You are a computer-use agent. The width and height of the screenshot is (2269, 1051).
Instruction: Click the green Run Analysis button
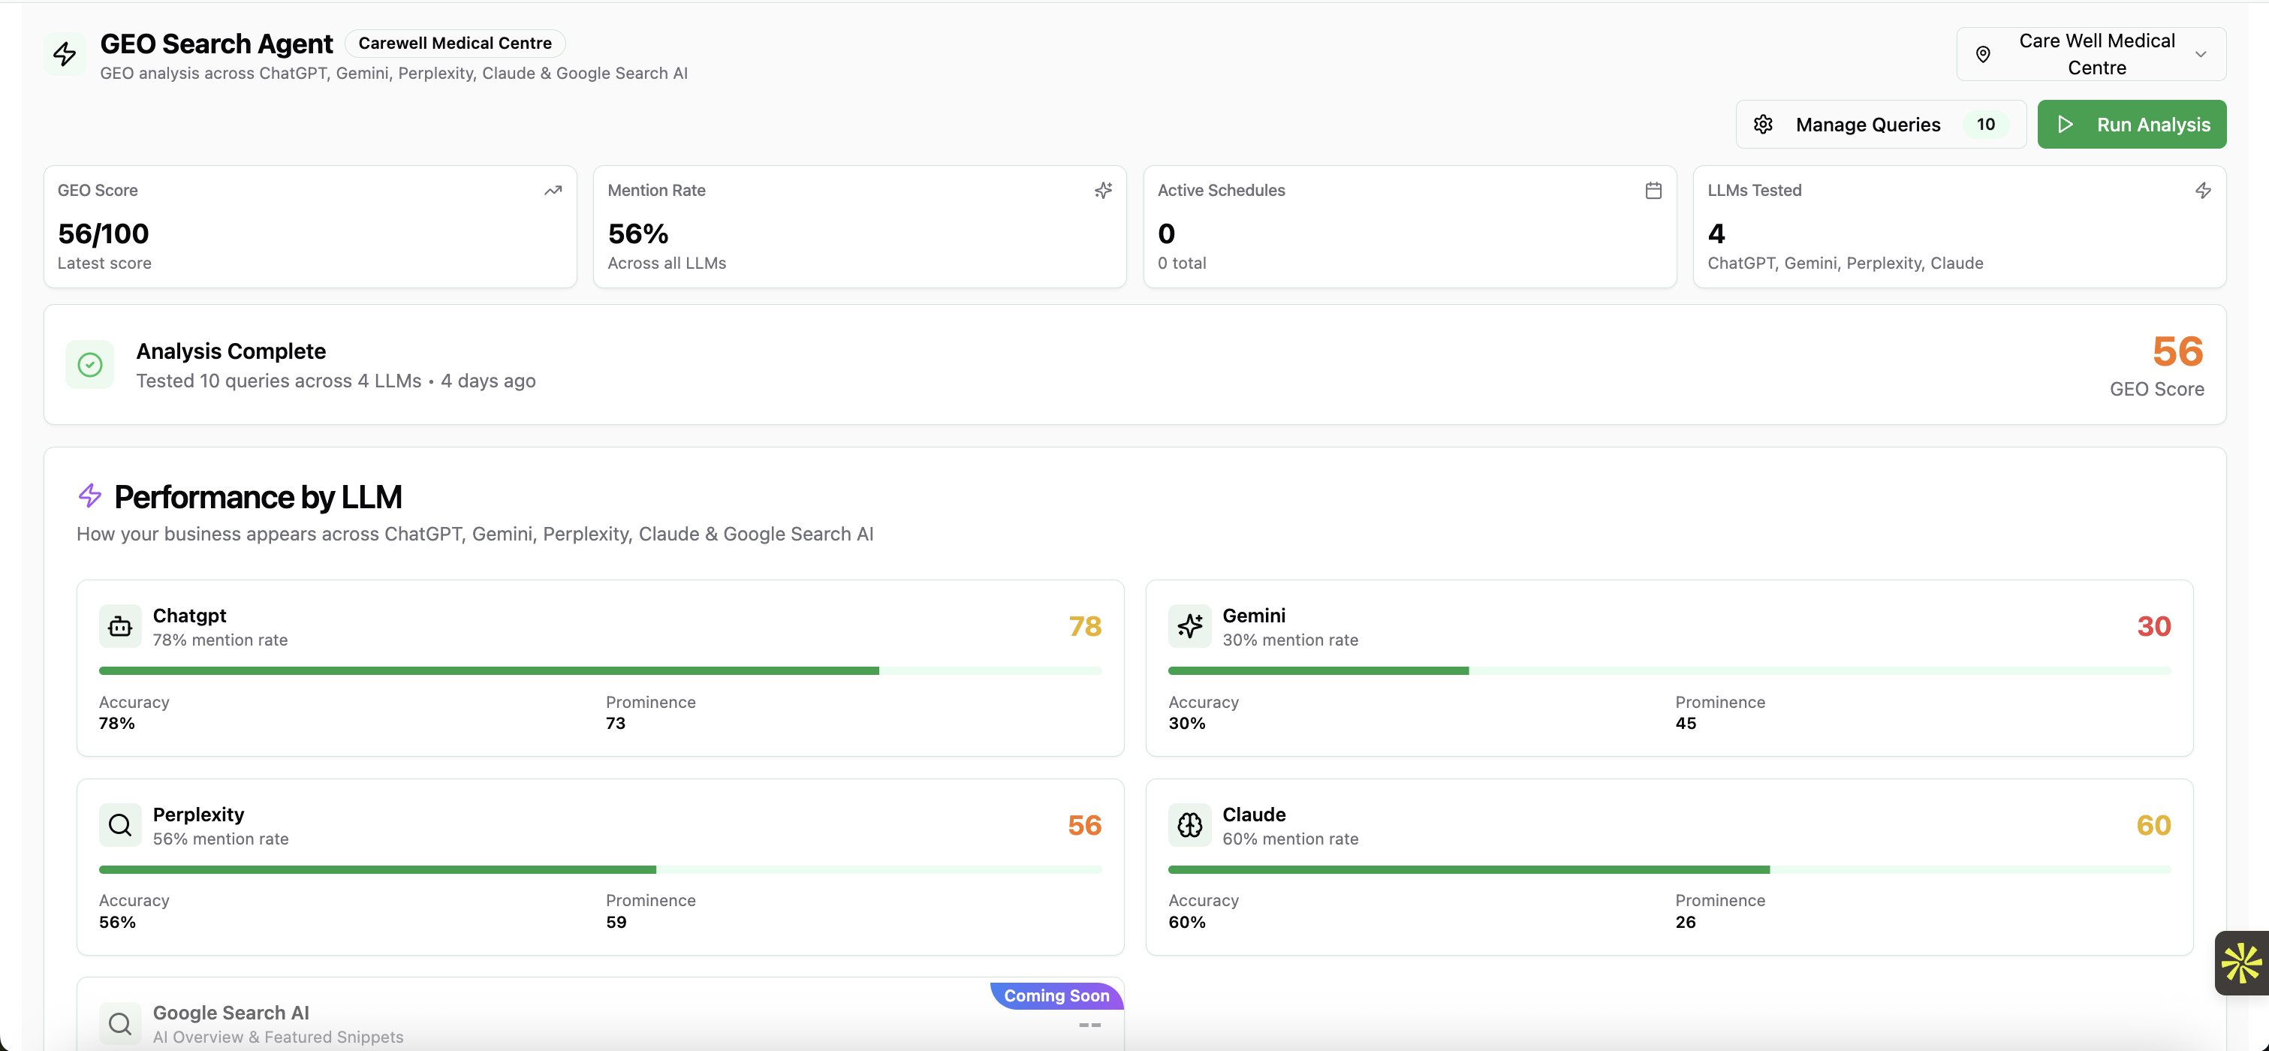click(x=2131, y=124)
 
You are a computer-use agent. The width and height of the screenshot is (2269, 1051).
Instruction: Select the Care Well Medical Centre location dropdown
click(x=2090, y=55)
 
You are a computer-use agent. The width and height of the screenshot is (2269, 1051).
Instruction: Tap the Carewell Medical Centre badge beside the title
click(x=454, y=44)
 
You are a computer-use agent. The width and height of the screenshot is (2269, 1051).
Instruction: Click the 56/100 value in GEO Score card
click(x=103, y=233)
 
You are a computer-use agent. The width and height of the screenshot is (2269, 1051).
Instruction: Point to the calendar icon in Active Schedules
click(x=1653, y=190)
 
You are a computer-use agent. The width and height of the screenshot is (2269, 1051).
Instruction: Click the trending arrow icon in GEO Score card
click(x=553, y=190)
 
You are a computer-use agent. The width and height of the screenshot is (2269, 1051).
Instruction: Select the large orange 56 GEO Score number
click(x=2177, y=351)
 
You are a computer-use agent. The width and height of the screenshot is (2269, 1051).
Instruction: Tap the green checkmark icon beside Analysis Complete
click(x=90, y=365)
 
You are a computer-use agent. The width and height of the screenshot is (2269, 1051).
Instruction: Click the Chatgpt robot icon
click(x=120, y=626)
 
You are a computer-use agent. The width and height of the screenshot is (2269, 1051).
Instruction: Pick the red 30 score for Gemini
click(x=2153, y=626)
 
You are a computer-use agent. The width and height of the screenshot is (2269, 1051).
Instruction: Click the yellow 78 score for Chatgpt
click(x=1084, y=626)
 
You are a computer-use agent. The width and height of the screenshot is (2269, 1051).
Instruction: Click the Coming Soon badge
click(x=1056, y=995)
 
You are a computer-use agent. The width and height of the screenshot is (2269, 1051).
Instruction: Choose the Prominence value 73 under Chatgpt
click(x=615, y=723)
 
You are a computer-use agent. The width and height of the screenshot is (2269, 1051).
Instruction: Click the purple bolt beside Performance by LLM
click(x=90, y=495)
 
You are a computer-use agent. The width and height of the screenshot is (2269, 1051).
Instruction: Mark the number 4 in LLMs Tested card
click(x=1716, y=233)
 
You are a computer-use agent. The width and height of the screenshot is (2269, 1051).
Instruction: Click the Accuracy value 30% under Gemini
click(x=1186, y=723)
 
